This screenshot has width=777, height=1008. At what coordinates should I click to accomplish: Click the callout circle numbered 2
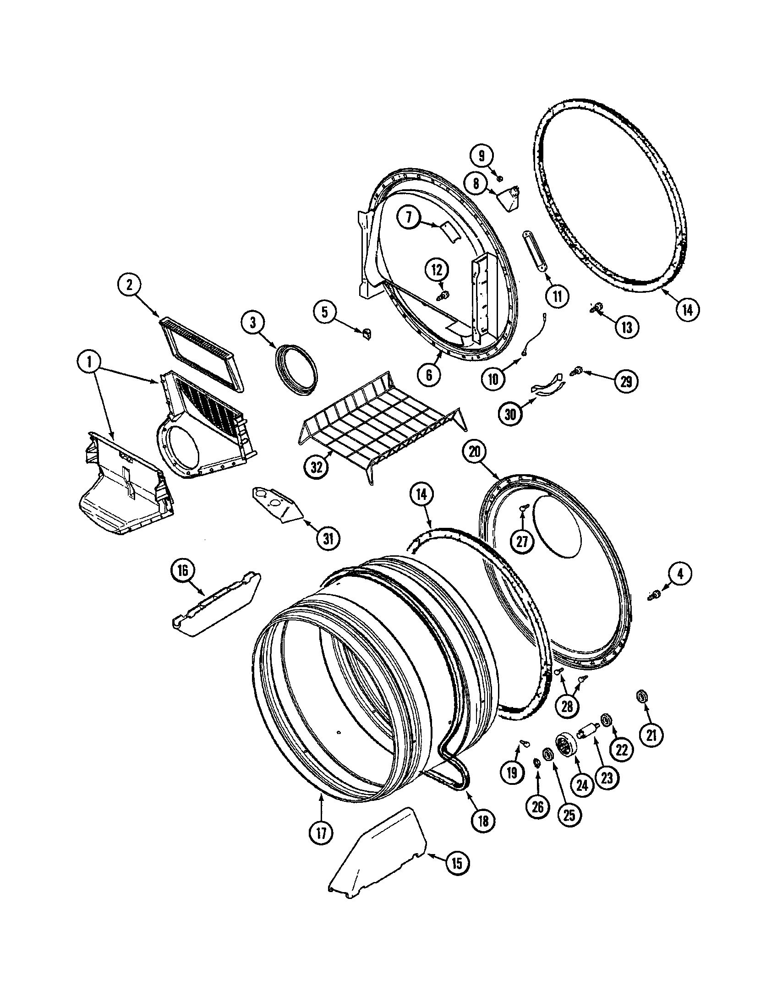(x=130, y=285)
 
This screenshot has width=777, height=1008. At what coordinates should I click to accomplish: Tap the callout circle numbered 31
(x=328, y=539)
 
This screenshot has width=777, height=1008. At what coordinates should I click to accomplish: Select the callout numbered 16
(x=183, y=571)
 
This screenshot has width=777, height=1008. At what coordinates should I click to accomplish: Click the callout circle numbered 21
(x=651, y=736)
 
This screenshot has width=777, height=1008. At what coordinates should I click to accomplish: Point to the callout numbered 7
(x=410, y=218)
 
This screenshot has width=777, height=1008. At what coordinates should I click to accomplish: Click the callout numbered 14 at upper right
(x=688, y=310)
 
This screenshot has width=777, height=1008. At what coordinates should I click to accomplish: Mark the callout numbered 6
(x=430, y=375)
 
